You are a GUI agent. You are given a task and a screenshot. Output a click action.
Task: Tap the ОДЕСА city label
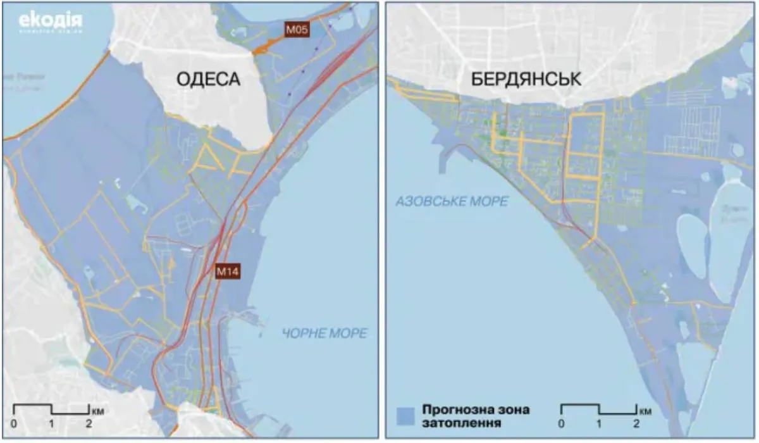[x=208, y=80]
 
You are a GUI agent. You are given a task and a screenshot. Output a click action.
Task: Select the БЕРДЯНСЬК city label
[x=526, y=80]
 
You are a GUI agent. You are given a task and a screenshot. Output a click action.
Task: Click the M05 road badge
[x=296, y=30]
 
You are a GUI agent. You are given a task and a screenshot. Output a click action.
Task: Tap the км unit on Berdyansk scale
[x=645, y=411]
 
